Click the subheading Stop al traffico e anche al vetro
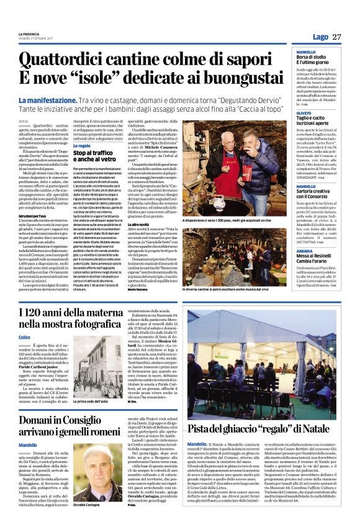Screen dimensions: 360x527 tap(94, 155)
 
